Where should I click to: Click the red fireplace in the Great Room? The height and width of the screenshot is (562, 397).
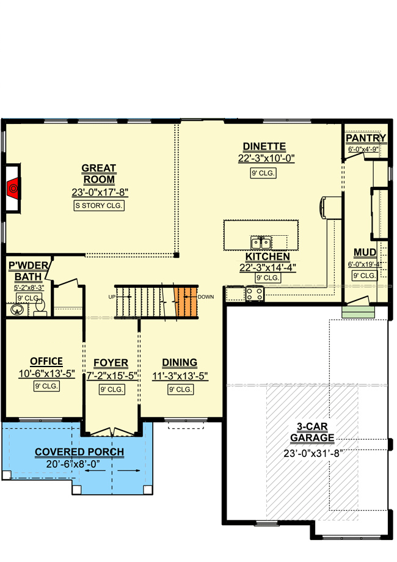[13, 188]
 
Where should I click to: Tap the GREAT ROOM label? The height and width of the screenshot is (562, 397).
[98, 174]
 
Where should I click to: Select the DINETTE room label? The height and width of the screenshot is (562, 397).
[264, 147]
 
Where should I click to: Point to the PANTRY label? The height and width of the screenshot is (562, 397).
[365, 138]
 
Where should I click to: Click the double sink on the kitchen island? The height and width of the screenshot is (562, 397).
[261, 243]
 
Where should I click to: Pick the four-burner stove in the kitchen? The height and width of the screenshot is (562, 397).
[255, 294]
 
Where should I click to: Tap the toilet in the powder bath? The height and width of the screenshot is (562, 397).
[40, 308]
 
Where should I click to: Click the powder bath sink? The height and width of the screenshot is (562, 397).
[17, 310]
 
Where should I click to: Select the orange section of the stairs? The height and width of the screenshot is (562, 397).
[186, 302]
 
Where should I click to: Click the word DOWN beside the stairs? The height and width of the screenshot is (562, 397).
[206, 297]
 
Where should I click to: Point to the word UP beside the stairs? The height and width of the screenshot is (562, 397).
[112, 297]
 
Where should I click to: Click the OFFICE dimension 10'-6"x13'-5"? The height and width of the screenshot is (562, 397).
[46, 374]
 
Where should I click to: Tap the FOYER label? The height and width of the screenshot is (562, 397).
[111, 363]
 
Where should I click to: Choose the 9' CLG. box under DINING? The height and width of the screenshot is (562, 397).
[181, 389]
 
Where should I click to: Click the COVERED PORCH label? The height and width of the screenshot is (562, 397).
[79, 452]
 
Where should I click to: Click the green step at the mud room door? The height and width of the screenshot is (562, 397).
[358, 312]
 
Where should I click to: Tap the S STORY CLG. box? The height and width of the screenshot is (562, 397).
[99, 205]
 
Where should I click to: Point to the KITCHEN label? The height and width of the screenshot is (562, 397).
[268, 257]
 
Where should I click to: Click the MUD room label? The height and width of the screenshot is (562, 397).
[365, 253]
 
